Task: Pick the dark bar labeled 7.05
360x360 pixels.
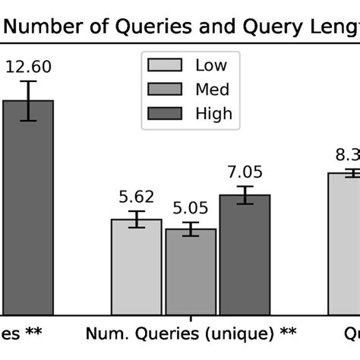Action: (x=245, y=254)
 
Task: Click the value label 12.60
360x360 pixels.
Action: (x=28, y=67)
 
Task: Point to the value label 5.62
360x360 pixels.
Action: (x=137, y=197)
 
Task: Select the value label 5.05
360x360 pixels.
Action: (x=191, y=207)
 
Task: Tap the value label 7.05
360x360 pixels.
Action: (x=245, y=172)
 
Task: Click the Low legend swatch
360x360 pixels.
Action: (x=166, y=65)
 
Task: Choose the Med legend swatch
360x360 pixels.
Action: (x=166, y=90)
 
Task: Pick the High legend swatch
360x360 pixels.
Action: (x=166, y=114)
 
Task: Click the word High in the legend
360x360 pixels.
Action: (x=213, y=114)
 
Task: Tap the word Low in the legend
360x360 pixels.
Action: (x=211, y=65)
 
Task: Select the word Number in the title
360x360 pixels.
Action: (x=45, y=27)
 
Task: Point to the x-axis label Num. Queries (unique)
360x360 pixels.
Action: (x=189, y=333)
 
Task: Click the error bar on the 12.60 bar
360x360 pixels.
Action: (x=28, y=100)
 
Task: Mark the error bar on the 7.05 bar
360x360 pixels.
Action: (x=245, y=195)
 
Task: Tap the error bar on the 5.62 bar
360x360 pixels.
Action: (x=137, y=219)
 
